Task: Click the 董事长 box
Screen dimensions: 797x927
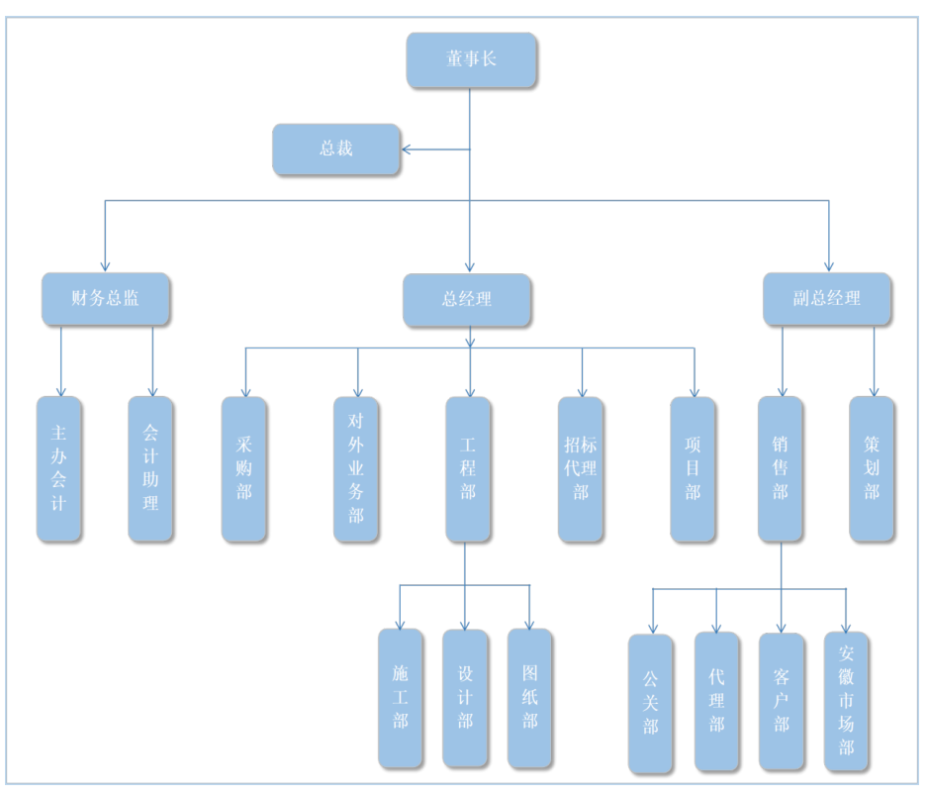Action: (471, 59)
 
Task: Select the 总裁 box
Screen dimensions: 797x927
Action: (336, 149)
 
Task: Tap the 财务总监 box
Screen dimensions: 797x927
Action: (106, 299)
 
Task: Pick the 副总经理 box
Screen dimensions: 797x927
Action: (827, 299)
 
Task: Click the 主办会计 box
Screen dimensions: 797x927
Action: (59, 469)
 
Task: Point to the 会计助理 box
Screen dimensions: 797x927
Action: (150, 469)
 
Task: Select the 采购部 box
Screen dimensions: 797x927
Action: (243, 469)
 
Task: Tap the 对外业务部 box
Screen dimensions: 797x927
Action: (356, 469)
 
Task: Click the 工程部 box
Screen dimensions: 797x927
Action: (468, 469)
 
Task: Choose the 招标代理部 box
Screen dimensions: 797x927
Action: (581, 469)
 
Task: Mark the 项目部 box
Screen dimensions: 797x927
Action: (693, 469)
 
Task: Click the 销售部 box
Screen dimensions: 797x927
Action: (781, 469)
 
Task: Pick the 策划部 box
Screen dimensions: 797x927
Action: (872, 469)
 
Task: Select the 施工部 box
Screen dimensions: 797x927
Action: (401, 698)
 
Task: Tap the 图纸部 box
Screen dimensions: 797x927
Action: (530, 698)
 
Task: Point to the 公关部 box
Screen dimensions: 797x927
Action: (650, 703)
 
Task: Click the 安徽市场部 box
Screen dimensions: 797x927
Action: (846, 702)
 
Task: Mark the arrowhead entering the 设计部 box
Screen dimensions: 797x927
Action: (465, 625)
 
